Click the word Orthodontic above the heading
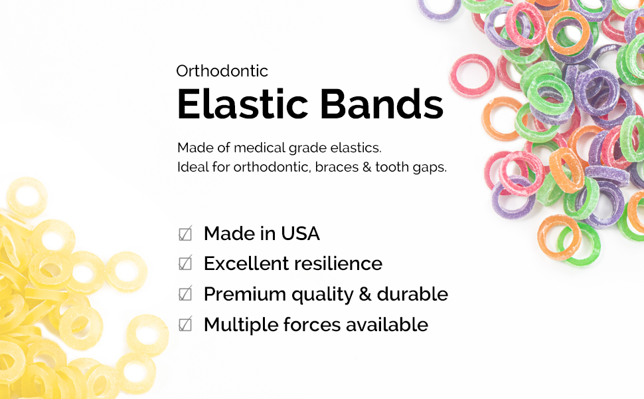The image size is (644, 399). tap(222, 71)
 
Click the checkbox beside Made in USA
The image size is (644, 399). tap(185, 234)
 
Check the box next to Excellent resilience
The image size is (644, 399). tap(185, 264)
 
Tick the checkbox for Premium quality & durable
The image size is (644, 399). tap(185, 294)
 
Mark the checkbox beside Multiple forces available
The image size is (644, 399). tap(185, 325)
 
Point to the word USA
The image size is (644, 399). tap(300, 233)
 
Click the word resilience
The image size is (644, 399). tap(339, 263)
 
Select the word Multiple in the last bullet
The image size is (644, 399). tap(237, 325)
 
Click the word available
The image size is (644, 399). tap(386, 325)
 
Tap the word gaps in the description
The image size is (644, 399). tap(432, 168)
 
